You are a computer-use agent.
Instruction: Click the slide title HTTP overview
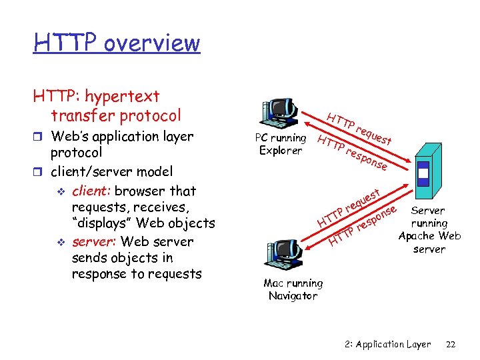(117, 43)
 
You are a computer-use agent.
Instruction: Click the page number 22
(450, 344)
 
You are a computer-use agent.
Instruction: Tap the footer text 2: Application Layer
(388, 344)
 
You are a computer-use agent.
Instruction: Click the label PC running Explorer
(281, 144)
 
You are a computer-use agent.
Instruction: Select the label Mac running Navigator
(293, 289)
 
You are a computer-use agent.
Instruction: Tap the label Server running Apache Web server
(429, 229)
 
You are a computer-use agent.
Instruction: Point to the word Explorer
(281, 150)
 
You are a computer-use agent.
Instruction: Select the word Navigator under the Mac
(293, 295)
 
